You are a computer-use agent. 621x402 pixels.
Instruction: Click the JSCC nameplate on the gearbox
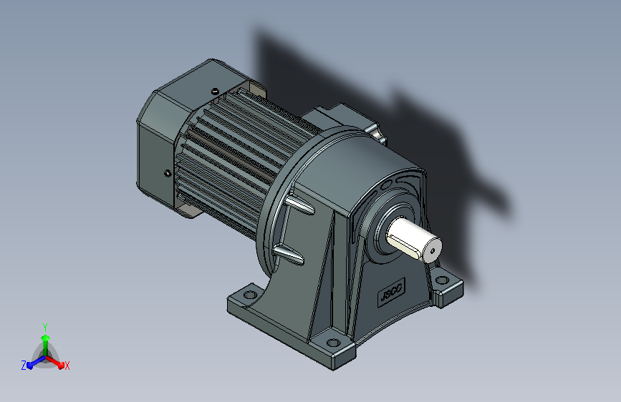[391, 292]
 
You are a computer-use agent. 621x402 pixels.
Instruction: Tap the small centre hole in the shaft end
[433, 250]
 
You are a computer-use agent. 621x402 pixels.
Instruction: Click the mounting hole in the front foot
[333, 343]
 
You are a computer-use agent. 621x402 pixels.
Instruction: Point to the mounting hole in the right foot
[442, 280]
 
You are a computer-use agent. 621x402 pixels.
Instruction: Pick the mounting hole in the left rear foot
[250, 295]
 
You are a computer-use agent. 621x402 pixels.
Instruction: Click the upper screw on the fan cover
[215, 92]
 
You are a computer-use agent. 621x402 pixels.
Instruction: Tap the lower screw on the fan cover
[168, 173]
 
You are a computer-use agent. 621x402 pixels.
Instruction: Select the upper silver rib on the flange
[300, 205]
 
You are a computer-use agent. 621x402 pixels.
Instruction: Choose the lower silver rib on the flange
[289, 255]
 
